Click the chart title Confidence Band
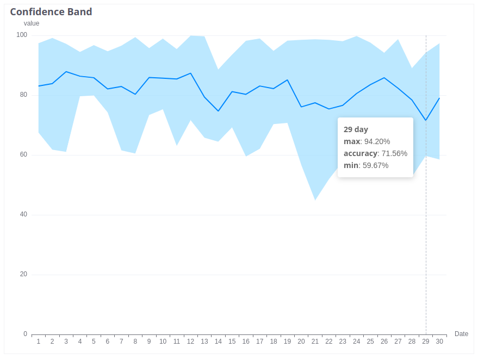pyautogui.click(x=51, y=12)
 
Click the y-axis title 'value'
pyautogui.click(x=32, y=23)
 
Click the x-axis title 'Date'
pyautogui.click(x=461, y=334)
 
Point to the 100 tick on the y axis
pyautogui.click(x=22, y=35)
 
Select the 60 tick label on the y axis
pyautogui.click(x=23, y=155)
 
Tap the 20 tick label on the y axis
pyautogui.click(x=23, y=275)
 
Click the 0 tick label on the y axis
pyautogui.click(x=25, y=334)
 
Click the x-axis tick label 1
pyautogui.click(x=39, y=342)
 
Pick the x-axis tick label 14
pyautogui.click(x=218, y=342)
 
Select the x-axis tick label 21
pyautogui.click(x=315, y=342)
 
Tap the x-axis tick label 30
pyautogui.click(x=439, y=342)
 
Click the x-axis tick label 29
pyautogui.click(x=426, y=342)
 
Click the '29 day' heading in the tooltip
pyautogui.click(x=356, y=129)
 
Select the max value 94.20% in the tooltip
pyautogui.click(x=377, y=141)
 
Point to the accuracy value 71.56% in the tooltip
pyautogui.click(x=394, y=153)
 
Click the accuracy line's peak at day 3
pyautogui.click(x=66, y=72)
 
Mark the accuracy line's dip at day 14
pyautogui.click(x=218, y=111)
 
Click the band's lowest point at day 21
pyautogui.click(x=315, y=200)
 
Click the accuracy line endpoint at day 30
pyautogui.click(x=439, y=98)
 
